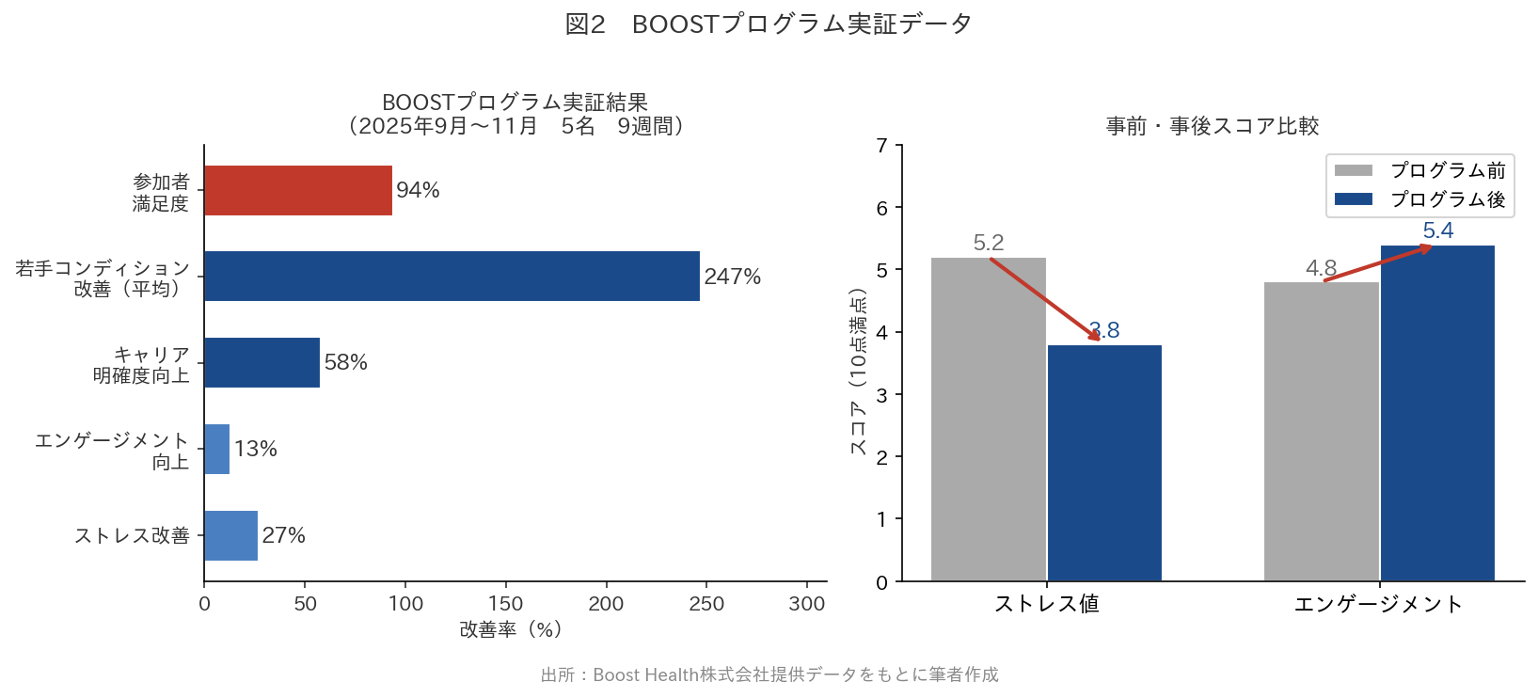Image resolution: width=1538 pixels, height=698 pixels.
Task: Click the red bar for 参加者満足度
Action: point(298,190)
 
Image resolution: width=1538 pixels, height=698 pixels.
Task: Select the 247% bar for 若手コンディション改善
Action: point(452,276)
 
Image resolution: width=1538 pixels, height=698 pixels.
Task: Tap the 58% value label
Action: point(346,362)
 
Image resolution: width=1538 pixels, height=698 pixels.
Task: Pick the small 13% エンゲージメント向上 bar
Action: point(217,449)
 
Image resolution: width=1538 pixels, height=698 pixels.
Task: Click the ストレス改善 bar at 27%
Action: point(230,535)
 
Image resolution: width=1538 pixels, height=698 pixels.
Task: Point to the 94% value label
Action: point(419,190)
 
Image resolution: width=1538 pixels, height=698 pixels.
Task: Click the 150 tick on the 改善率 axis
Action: point(505,604)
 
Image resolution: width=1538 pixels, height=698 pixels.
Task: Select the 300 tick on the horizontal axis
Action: point(807,604)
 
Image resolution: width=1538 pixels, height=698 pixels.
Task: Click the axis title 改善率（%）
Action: point(510,629)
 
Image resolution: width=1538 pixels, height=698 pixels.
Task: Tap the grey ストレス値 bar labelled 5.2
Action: point(988,420)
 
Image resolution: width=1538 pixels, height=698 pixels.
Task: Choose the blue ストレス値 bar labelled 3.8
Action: point(1104,463)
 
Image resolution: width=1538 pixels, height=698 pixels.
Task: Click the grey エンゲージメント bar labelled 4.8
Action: point(1321,432)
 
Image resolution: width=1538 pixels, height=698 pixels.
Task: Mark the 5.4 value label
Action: point(1437,230)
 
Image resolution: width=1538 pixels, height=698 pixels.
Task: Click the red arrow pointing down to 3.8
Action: point(1045,298)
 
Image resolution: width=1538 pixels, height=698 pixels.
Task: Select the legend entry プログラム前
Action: point(1419,170)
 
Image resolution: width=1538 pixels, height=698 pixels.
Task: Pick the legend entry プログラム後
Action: point(1419,199)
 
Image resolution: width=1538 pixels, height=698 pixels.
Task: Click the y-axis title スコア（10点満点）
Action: point(858,372)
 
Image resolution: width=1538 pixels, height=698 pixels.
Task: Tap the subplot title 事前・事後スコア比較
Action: point(1213,126)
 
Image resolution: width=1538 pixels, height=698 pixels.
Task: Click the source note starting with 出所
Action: point(769,674)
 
